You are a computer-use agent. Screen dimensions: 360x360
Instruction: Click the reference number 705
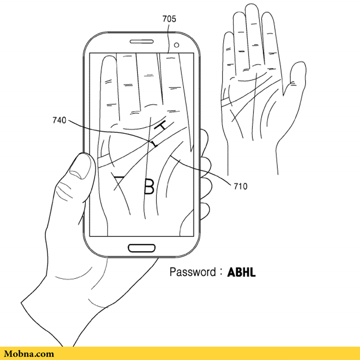pyautogui.click(x=169, y=19)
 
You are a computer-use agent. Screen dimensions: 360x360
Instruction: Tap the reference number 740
pyautogui.click(x=59, y=120)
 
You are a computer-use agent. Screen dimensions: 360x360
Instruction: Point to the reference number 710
pyautogui.click(x=240, y=186)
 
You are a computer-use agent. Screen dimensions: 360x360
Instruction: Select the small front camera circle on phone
pyautogui.click(x=177, y=45)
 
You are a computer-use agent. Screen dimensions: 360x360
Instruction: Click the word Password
pyautogui.click(x=192, y=272)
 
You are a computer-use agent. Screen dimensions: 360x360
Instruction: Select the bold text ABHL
pyautogui.click(x=241, y=272)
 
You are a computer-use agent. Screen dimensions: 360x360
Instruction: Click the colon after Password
pyautogui.click(x=221, y=272)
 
